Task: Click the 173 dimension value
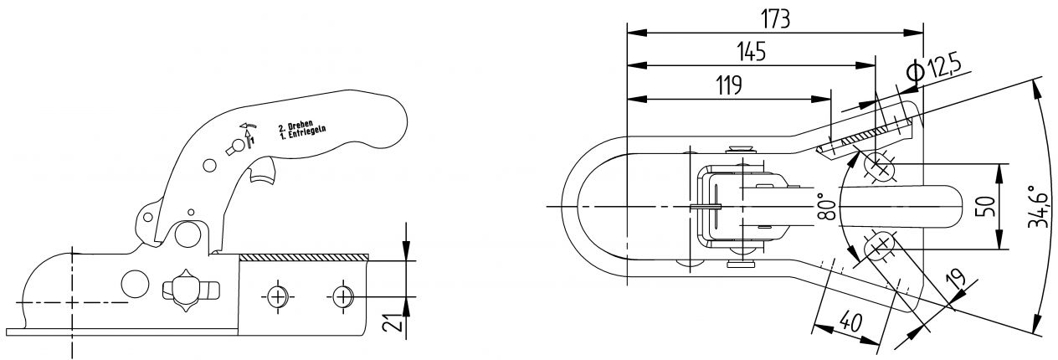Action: tap(775, 19)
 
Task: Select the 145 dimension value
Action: tap(751, 53)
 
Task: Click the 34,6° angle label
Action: tap(1040, 207)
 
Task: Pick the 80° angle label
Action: tap(827, 206)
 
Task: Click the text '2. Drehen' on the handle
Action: tap(295, 126)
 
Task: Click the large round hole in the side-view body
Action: tap(134, 283)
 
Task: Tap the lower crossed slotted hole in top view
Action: tap(877, 246)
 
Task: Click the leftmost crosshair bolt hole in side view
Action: tap(277, 296)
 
